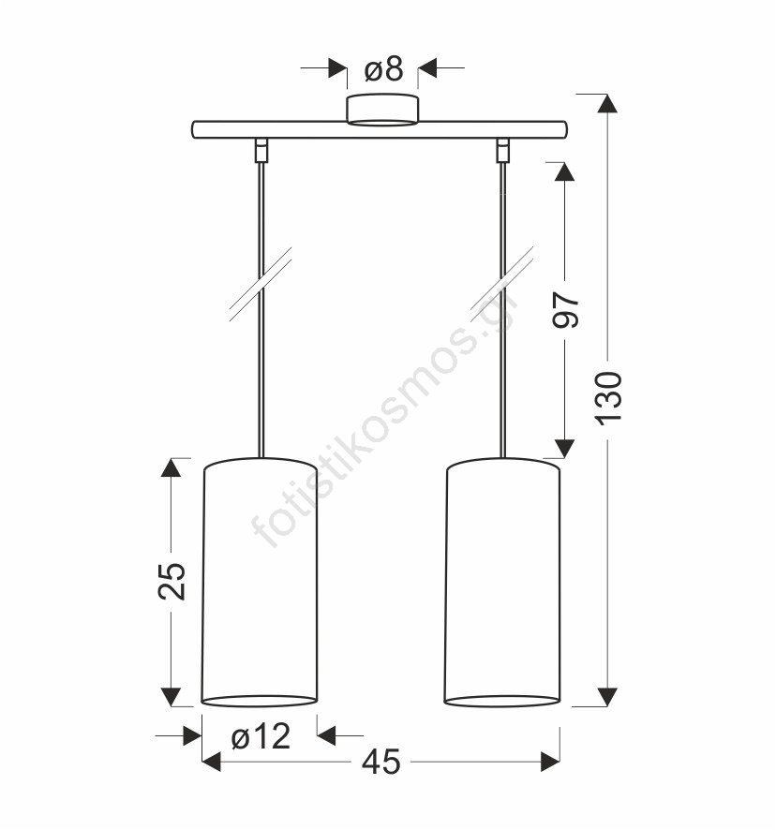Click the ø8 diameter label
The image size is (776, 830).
(x=384, y=69)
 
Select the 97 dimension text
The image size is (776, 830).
(x=566, y=310)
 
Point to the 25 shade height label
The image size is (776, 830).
(x=172, y=581)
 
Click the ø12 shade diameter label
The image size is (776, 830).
(x=261, y=736)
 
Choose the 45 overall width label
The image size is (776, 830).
(x=381, y=763)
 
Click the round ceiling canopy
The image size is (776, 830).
(x=382, y=111)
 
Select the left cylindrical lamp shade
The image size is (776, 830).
(x=260, y=582)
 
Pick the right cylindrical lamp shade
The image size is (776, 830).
(x=502, y=582)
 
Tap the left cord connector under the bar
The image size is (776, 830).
(x=261, y=149)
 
